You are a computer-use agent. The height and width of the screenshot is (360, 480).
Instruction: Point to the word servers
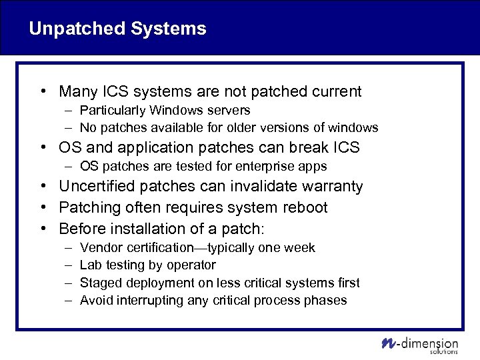point(227,110)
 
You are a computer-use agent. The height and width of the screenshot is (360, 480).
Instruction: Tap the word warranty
point(329,186)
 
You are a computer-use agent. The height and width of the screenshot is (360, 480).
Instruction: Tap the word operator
point(191,265)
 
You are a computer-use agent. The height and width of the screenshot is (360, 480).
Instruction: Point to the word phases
point(326,300)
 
